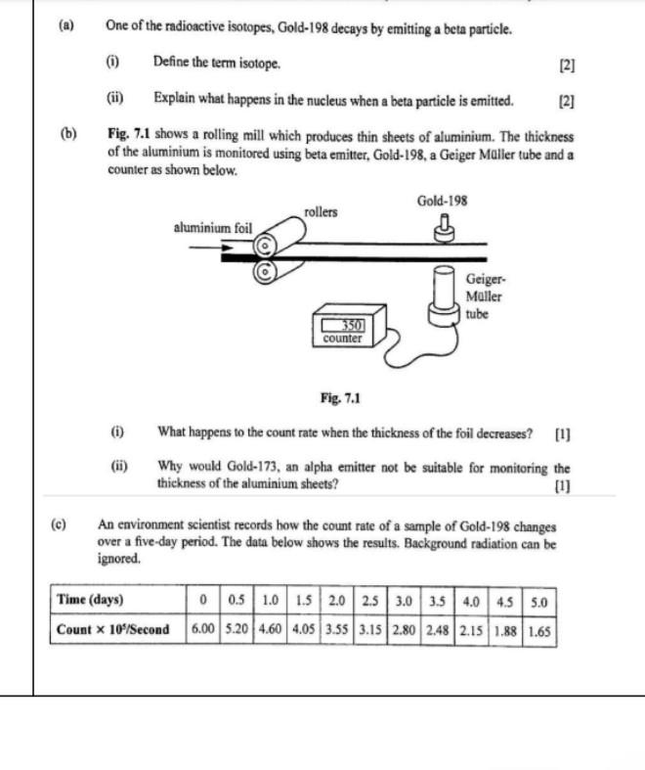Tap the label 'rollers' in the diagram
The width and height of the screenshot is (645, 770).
click(x=321, y=211)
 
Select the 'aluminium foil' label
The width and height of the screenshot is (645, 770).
click(x=212, y=227)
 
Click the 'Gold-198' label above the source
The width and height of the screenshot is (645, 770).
click(x=442, y=201)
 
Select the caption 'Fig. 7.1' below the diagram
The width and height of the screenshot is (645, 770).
click(x=340, y=398)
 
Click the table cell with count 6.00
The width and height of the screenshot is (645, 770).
click(x=203, y=629)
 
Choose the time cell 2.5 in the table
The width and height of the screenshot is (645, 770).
click(x=369, y=600)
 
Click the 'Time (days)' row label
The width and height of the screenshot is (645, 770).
click(x=90, y=600)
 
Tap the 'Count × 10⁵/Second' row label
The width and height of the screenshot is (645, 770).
click(x=112, y=629)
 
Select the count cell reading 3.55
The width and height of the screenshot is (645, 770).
click(x=337, y=629)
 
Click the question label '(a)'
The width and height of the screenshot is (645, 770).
click(x=66, y=27)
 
